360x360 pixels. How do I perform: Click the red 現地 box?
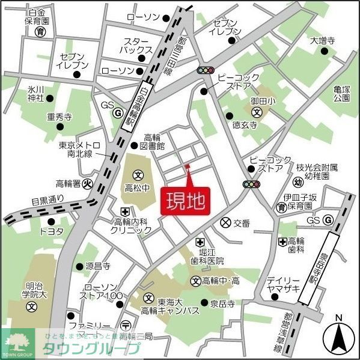[185, 201]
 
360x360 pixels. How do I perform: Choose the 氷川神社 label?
[35, 93]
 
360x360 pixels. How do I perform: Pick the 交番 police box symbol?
[225, 222]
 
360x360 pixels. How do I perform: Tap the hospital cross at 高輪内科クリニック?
[125, 211]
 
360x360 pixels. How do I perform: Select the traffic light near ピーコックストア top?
[206, 70]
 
